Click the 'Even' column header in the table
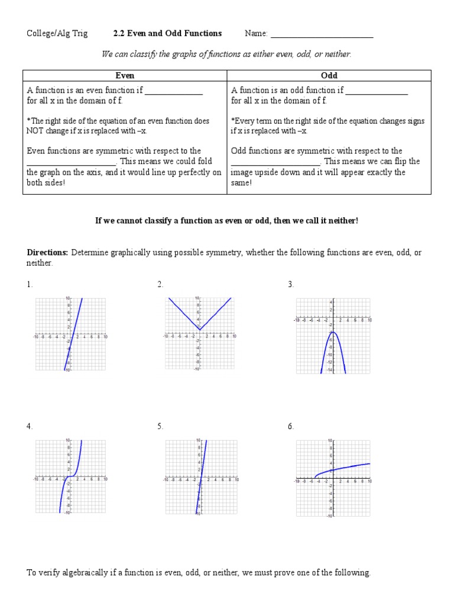125,76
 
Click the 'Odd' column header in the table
329,76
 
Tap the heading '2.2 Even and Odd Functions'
167,34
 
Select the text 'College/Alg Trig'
57,34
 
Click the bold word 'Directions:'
48,253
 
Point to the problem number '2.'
160,285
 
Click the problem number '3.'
291,285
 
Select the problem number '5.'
160,427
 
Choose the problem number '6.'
291,427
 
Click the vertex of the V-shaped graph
200,330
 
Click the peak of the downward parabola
333,332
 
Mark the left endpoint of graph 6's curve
315,477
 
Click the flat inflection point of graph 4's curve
70,476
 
